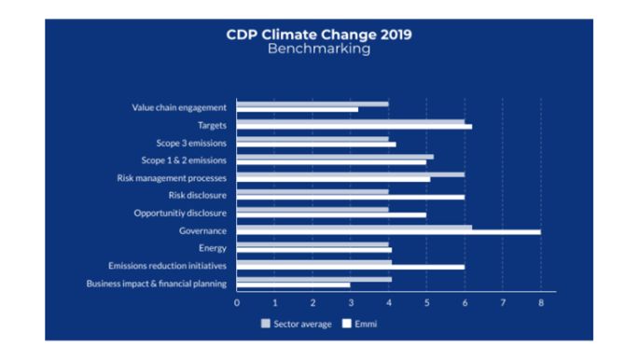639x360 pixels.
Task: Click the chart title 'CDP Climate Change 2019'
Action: click(319, 35)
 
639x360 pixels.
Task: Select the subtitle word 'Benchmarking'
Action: click(319, 49)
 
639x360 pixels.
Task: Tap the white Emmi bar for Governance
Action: click(388, 231)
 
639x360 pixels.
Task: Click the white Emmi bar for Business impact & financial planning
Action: click(293, 284)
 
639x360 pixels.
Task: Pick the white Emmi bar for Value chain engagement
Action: click(297, 110)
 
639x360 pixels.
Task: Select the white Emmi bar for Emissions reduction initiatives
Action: click(350, 267)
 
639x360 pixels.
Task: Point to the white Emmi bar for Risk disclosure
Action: click(350, 197)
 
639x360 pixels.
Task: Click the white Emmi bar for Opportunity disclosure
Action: click(331, 215)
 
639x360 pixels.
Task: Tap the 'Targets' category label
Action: click(212, 125)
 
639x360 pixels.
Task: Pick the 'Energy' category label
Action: click(213, 248)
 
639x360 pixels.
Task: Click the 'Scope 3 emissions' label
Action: click(191, 143)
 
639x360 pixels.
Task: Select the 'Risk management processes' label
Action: click(172, 177)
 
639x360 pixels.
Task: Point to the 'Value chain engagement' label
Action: click(179, 107)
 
